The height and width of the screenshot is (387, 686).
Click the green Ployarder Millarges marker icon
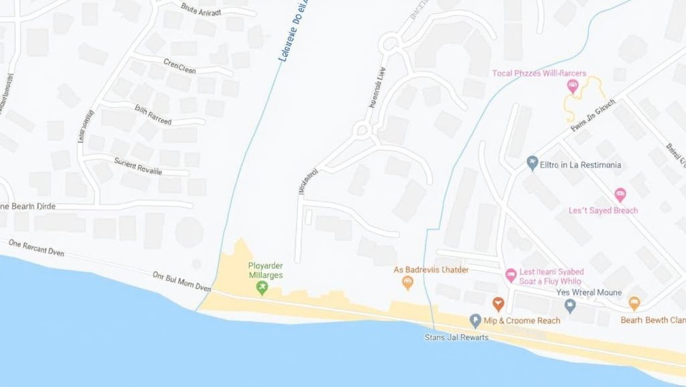coord(262,288)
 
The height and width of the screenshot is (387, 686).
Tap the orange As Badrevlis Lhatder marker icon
coord(407,283)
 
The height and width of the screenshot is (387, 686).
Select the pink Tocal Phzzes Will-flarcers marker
coord(572,85)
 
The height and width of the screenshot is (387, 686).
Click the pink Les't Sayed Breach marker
coord(620,195)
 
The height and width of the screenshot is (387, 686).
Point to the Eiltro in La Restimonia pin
coord(533,163)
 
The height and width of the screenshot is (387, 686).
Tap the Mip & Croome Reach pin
coord(476,321)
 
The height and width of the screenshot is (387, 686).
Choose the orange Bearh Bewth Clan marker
coord(634,303)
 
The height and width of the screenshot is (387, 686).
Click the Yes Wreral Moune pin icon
coord(570,306)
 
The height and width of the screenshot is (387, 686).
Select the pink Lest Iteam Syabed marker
coord(510,275)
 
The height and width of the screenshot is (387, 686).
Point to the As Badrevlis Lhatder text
coord(431,269)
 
